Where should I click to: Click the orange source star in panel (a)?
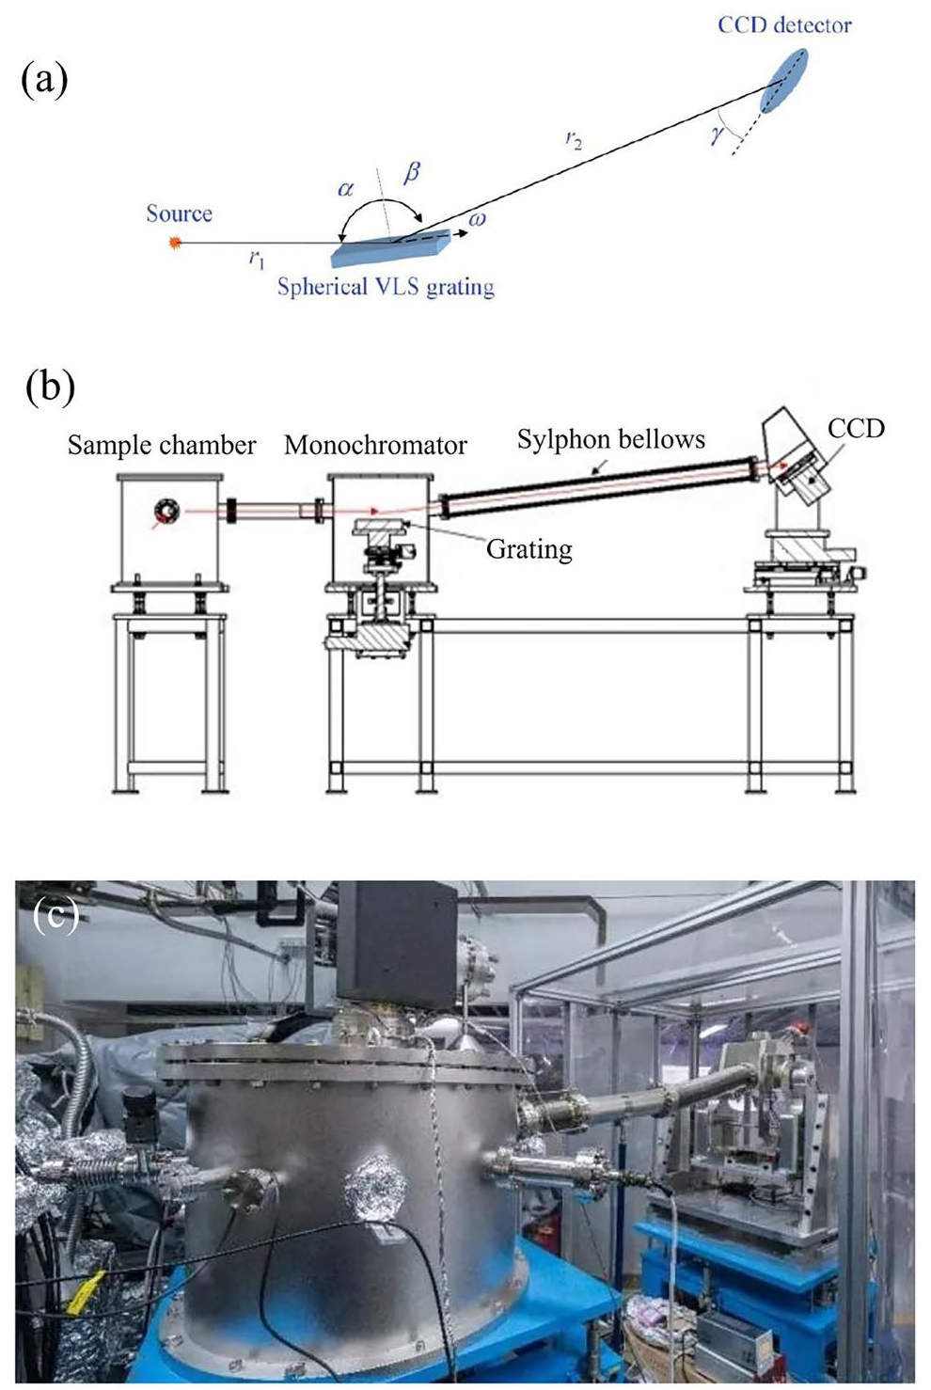point(174,243)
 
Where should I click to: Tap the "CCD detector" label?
point(784,25)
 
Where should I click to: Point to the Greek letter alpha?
point(346,188)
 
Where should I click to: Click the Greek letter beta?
point(411,172)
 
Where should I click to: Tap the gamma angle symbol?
point(718,134)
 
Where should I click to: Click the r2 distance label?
point(574,140)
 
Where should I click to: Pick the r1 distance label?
point(257,258)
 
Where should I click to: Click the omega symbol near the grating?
point(477,218)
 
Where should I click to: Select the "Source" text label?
point(179,213)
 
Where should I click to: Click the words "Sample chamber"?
point(162,445)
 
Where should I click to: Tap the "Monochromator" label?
point(375,445)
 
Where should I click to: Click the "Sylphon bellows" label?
point(610,439)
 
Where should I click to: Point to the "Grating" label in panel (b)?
point(529,548)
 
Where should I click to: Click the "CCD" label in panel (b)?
point(856,428)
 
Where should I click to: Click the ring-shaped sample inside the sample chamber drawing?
point(167,511)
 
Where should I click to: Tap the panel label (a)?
point(44,81)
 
